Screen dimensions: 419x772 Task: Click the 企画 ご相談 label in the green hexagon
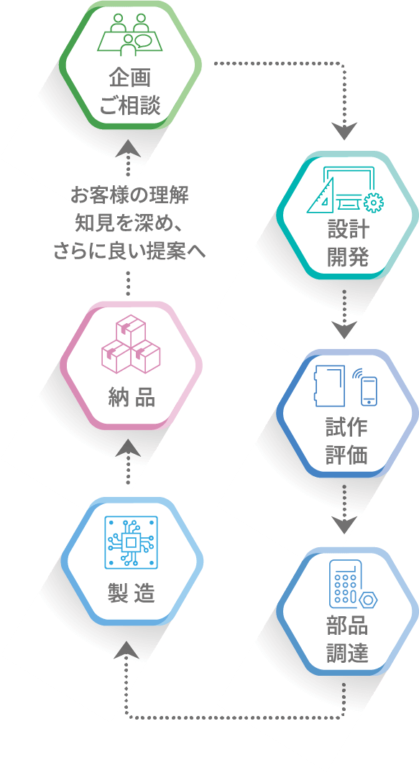(x=130, y=92)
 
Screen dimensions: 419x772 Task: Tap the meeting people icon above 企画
(x=129, y=34)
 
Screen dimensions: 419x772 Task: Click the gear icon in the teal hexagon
(x=374, y=203)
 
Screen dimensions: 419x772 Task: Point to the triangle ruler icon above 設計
(x=320, y=195)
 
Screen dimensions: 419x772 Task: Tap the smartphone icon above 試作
(x=369, y=391)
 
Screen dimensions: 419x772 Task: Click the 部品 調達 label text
(x=347, y=640)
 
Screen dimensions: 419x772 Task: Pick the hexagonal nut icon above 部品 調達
(x=368, y=600)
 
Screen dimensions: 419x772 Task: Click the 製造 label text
(x=131, y=592)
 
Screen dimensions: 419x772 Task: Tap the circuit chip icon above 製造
(x=132, y=542)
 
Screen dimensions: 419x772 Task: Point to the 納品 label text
(x=131, y=397)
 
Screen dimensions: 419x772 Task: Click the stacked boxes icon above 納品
(x=131, y=344)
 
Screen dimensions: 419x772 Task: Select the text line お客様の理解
(x=129, y=195)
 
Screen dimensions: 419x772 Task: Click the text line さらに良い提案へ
(x=129, y=251)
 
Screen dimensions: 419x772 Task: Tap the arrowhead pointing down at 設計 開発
(x=344, y=131)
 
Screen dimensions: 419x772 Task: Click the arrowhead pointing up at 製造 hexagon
(x=127, y=649)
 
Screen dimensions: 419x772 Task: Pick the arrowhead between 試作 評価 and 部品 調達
(x=344, y=525)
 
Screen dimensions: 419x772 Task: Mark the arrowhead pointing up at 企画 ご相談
(x=128, y=148)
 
